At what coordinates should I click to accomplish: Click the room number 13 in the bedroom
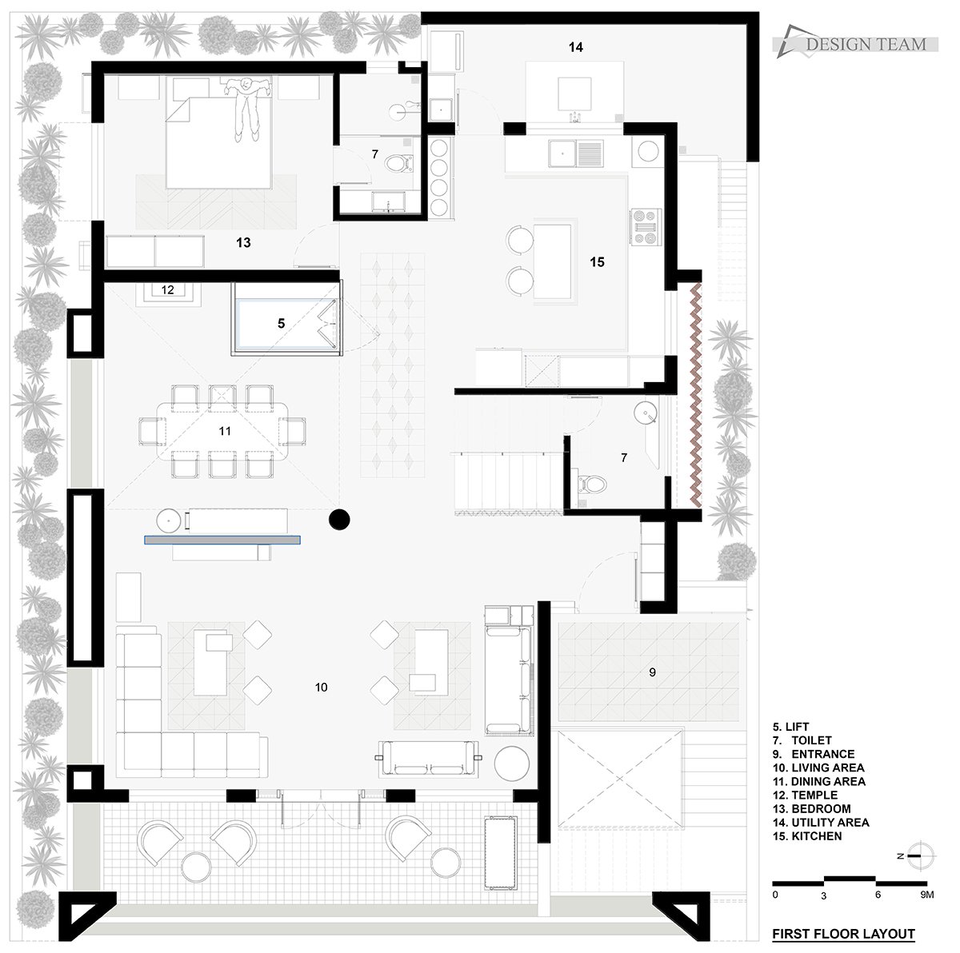pyautogui.click(x=243, y=242)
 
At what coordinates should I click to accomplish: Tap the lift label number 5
pyautogui.click(x=281, y=324)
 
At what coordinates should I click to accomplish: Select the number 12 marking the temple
pyautogui.click(x=167, y=289)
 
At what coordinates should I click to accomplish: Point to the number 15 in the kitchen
pyautogui.click(x=597, y=262)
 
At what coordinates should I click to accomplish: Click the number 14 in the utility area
pyautogui.click(x=575, y=47)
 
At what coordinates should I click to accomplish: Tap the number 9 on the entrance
pyautogui.click(x=652, y=672)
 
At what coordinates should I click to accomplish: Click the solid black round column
pyautogui.click(x=339, y=520)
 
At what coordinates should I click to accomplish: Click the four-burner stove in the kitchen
pyautogui.click(x=646, y=228)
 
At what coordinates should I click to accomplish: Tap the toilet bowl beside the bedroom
pyautogui.click(x=399, y=163)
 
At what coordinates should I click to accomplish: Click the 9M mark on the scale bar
pyautogui.click(x=926, y=895)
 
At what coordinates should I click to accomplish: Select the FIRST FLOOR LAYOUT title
pyautogui.click(x=843, y=934)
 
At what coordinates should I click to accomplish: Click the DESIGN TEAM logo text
pyautogui.click(x=866, y=45)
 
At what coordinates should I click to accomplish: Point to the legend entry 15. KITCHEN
pyautogui.click(x=807, y=836)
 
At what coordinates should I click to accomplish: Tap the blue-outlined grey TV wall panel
pyautogui.click(x=222, y=540)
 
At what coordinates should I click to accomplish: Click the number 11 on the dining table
pyautogui.click(x=225, y=431)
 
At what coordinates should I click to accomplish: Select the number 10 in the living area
pyautogui.click(x=321, y=688)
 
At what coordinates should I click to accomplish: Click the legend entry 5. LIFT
pyautogui.click(x=790, y=727)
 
